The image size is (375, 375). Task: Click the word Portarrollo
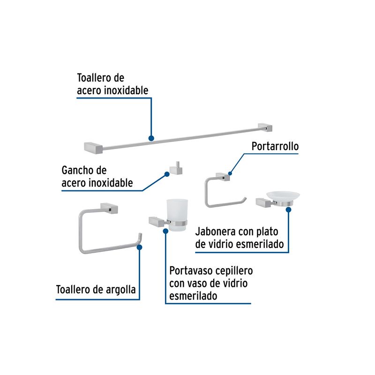coord(275,146)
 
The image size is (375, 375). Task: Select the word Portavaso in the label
coord(191,271)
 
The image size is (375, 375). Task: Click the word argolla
coord(121,290)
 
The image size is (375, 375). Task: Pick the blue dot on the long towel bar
coord(151,138)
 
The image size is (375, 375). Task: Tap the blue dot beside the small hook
coord(167,174)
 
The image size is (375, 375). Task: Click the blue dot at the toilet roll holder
coord(230,173)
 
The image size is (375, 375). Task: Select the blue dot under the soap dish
coord(288,210)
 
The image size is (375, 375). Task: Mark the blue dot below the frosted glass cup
coord(166,231)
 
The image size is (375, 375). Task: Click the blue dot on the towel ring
coord(139,247)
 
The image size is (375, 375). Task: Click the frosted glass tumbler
coord(177,215)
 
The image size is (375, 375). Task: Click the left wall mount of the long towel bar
coord(93,148)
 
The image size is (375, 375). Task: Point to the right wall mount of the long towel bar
coord(265,127)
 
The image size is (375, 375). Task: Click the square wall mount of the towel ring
coord(109,208)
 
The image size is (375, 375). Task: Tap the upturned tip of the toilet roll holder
coord(244,199)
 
